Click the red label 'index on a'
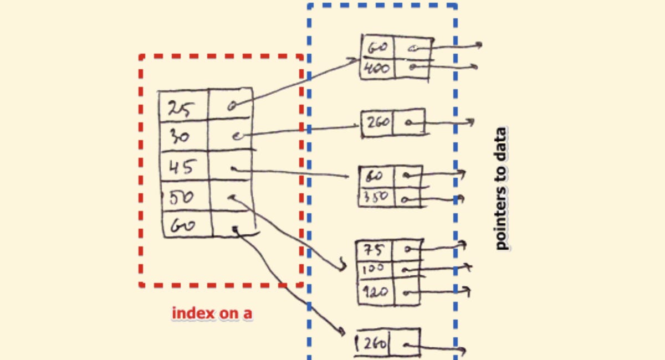(x=212, y=313)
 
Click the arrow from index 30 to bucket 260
(x=299, y=130)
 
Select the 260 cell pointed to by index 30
(x=377, y=122)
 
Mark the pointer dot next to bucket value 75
(x=407, y=250)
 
